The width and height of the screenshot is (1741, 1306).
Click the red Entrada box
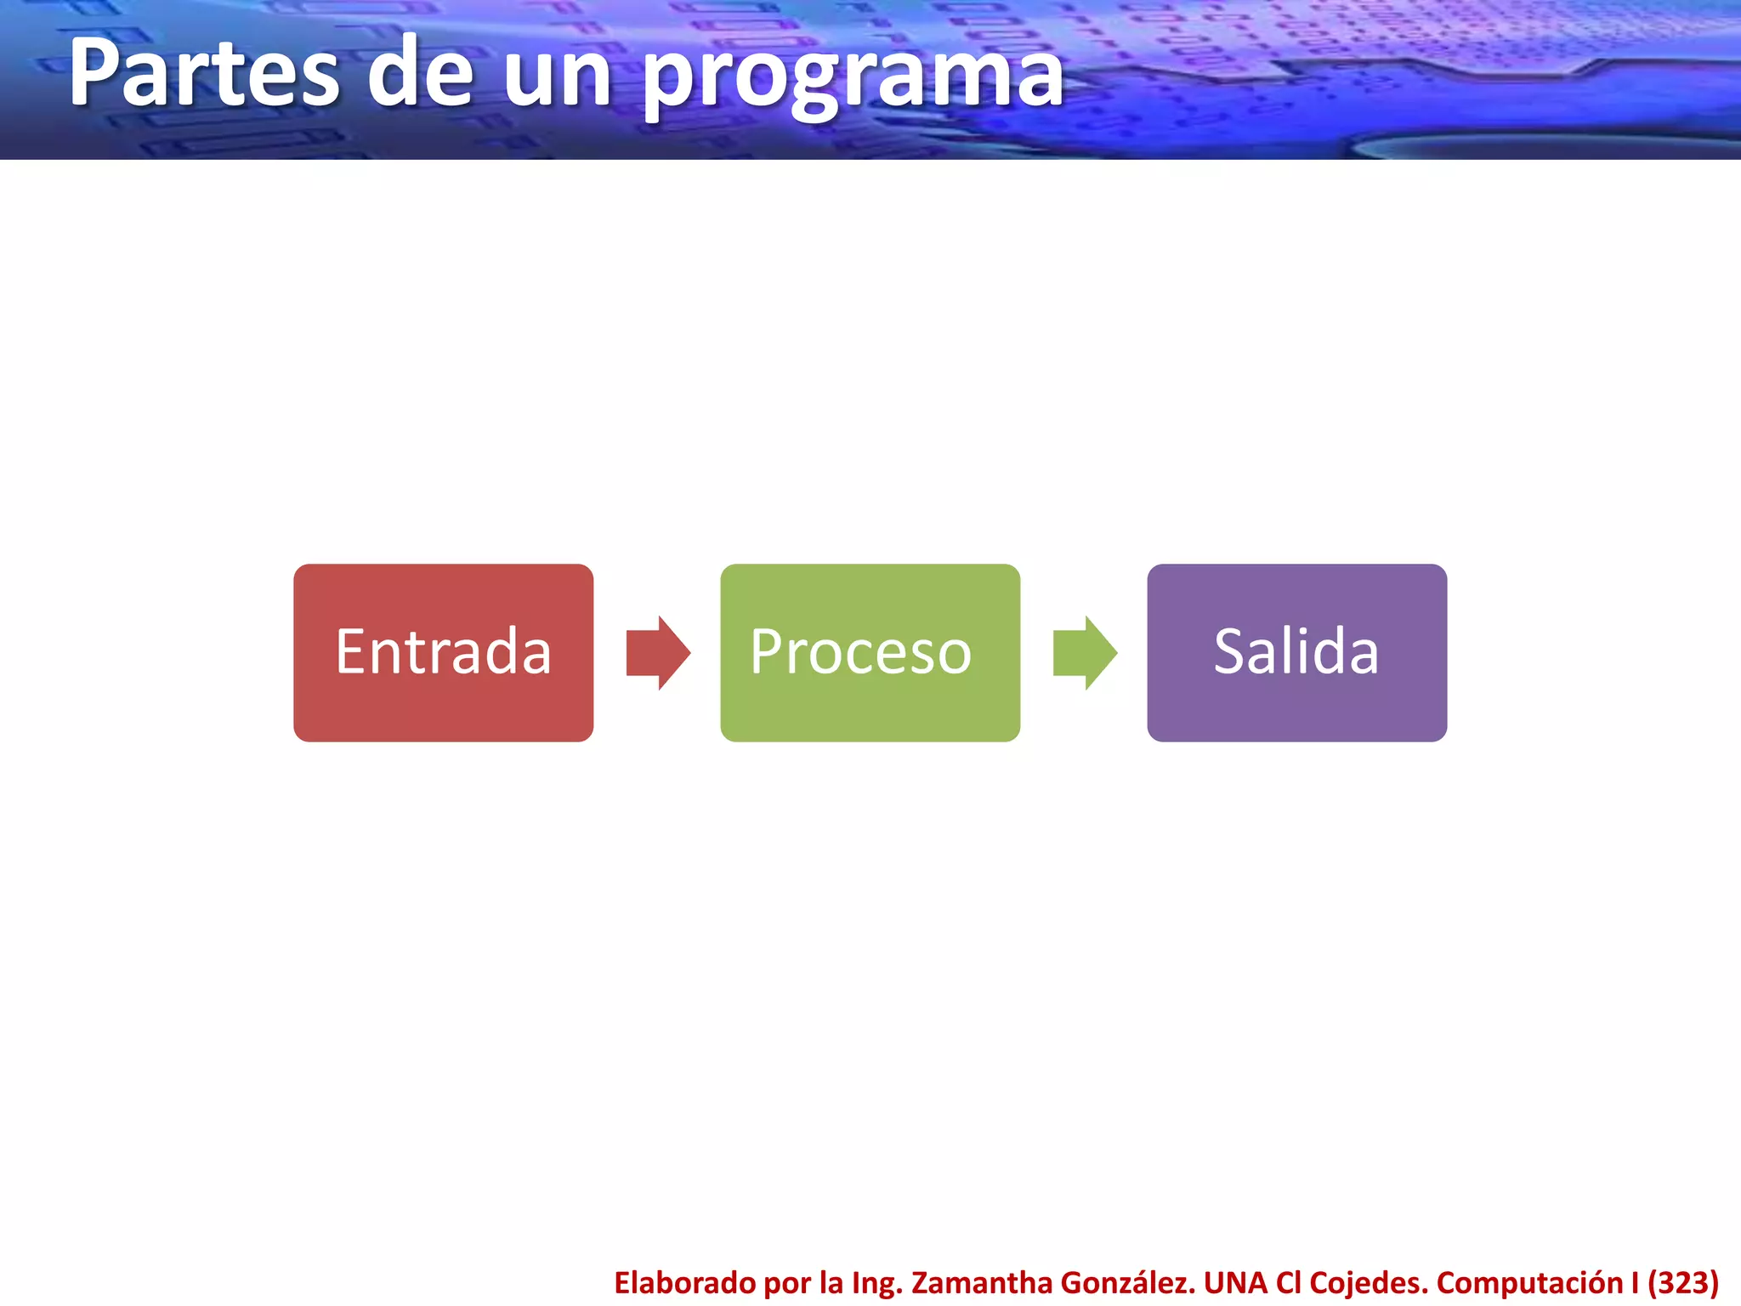tap(443, 652)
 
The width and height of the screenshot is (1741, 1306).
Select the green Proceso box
tap(870, 652)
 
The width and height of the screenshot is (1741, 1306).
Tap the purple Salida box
tap(1296, 652)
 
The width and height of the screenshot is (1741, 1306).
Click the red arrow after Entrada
tap(658, 653)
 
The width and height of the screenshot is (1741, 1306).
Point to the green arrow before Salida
tap(1085, 653)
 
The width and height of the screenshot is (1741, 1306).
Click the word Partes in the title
tap(204, 75)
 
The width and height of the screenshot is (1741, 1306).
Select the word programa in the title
tap(852, 78)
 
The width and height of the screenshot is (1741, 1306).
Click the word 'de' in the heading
tap(420, 75)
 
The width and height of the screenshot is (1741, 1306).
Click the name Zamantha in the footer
tap(981, 1282)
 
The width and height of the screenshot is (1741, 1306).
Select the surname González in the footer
tap(1128, 1282)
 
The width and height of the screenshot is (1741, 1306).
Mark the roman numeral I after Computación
tap(1635, 1282)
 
